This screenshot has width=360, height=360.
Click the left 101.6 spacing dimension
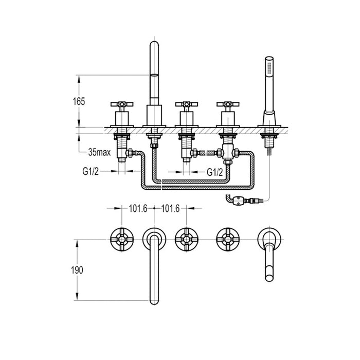click(138, 208)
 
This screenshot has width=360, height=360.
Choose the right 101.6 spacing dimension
click(170, 208)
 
